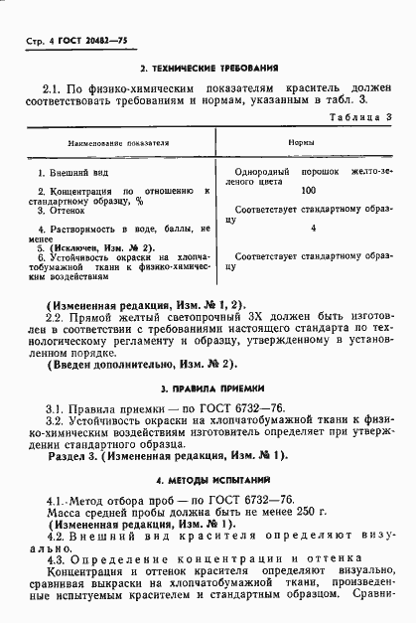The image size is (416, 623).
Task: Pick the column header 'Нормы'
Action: click(x=302, y=143)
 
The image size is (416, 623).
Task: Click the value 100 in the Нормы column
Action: click(x=308, y=190)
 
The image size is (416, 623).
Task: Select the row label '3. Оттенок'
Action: click(x=61, y=211)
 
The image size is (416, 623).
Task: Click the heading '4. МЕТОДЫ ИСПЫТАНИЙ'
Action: click(x=208, y=479)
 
